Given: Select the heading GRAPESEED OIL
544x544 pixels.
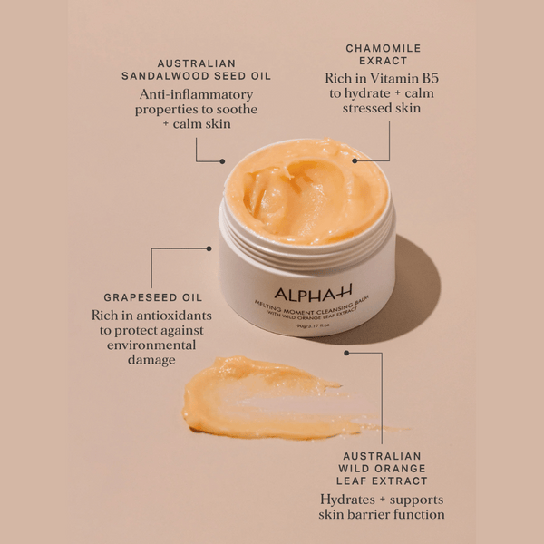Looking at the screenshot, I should click(152, 296).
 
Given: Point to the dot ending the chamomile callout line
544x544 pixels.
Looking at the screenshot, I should click(355, 160).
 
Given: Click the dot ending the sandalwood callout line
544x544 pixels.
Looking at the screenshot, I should click(223, 161).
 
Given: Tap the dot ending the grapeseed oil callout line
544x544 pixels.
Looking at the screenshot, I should click(209, 248).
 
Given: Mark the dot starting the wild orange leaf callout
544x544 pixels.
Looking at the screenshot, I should click(346, 353).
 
